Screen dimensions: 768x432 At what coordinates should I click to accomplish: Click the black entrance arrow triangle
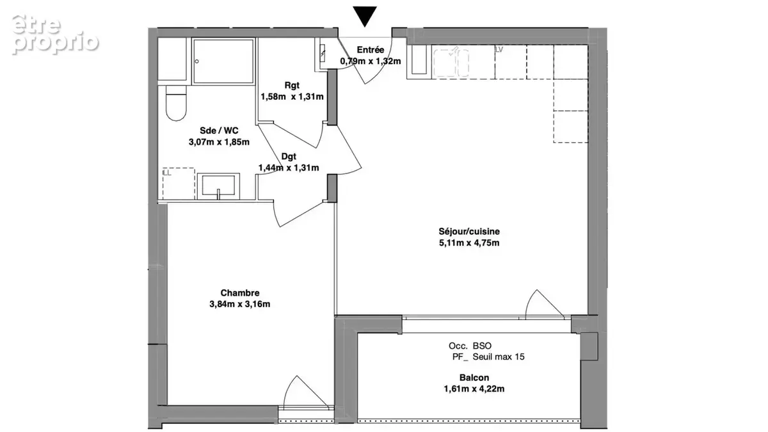pyautogui.click(x=365, y=15)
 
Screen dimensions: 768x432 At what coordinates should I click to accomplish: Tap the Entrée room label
pyautogui.click(x=371, y=50)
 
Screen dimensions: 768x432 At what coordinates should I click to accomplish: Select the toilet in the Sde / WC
pyautogui.click(x=176, y=103)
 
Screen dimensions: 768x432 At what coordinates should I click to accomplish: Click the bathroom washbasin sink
pyautogui.click(x=218, y=186)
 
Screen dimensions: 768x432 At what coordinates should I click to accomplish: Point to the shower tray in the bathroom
pyautogui.click(x=223, y=61)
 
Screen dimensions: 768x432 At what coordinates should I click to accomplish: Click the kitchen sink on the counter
pyautogui.click(x=451, y=63)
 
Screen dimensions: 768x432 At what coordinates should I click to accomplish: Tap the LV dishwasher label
pyautogui.click(x=499, y=50)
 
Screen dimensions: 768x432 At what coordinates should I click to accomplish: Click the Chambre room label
pyautogui.click(x=239, y=293)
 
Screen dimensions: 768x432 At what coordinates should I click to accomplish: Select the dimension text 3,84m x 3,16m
pyautogui.click(x=239, y=304)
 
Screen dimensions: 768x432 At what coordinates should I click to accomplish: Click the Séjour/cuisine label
pyautogui.click(x=469, y=232)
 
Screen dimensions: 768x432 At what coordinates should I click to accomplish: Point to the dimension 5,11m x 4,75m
pyautogui.click(x=469, y=243)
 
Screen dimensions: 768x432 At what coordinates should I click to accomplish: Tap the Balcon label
pyautogui.click(x=474, y=378)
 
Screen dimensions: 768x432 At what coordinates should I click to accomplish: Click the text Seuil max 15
pyautogui.click(x=499, y=357)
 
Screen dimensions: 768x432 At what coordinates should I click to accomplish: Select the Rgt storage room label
pyautogui.click(x=292, y=85)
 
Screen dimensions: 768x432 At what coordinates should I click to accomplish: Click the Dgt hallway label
pyautogui.click(x=289, y=157)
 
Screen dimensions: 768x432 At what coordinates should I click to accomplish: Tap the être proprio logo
pyautogui.click(x=55, y=35)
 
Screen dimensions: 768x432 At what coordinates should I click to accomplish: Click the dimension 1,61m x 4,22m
pyautogui.click(x=474, y=389)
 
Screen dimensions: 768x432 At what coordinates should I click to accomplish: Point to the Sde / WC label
pyautogui.click(x=219, y=131)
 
